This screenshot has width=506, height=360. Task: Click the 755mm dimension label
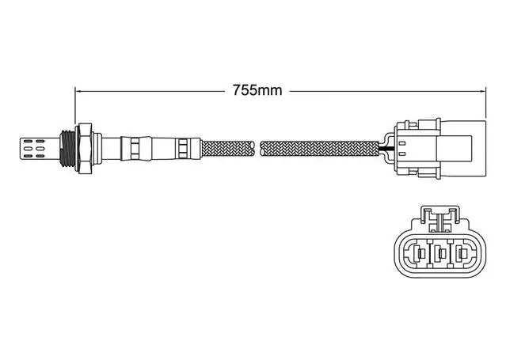(257, 90)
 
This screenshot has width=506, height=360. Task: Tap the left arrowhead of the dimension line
(78, 91)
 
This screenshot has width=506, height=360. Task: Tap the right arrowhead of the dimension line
(482, 91)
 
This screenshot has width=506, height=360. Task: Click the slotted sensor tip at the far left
(40, 149)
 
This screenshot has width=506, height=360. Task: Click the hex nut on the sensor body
(84, 149)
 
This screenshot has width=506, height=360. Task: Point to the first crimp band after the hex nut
(135, 149)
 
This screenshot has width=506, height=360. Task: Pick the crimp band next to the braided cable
(183, 149)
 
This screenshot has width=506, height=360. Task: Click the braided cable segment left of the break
(228, 149)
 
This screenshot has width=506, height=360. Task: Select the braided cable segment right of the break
(320, 149)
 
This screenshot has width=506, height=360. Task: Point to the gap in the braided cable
(258, 149)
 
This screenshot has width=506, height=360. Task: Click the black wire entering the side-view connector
(386, 149)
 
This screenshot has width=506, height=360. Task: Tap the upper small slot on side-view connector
(401, 142)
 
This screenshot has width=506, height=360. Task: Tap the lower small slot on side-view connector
(401, 154)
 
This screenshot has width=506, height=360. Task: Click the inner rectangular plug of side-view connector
(455, 149)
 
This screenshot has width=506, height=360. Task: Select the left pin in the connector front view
(420, 254)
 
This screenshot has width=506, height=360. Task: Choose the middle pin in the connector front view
(441, 254)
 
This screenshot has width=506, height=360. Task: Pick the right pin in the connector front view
(462, 254)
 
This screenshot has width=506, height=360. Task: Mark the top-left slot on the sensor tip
(28, 141)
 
